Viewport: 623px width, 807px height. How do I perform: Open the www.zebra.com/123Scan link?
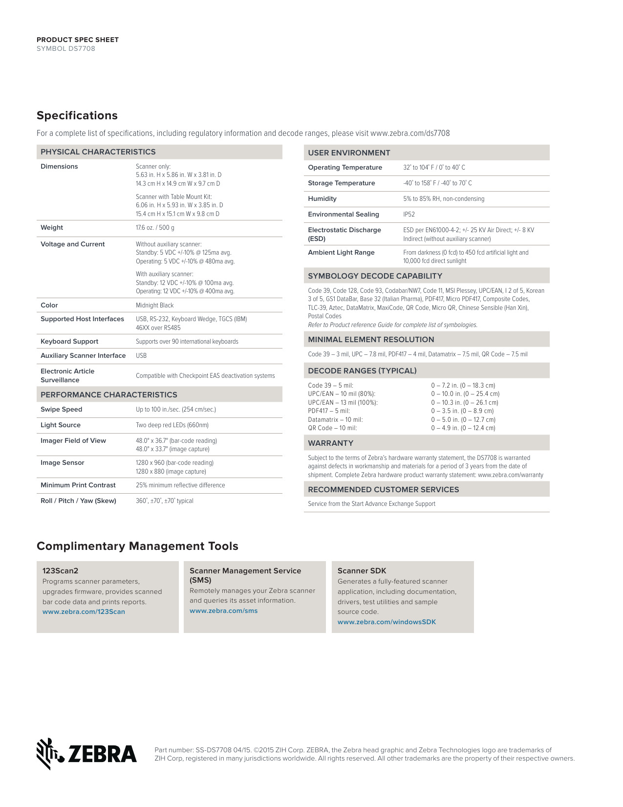coord(84,611)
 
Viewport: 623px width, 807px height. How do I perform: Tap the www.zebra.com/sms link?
coord(223,611)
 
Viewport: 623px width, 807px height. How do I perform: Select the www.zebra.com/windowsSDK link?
coord(387,622)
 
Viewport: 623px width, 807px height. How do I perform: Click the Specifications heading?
coord(77,115)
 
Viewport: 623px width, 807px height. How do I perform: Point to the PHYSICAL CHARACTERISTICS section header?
coord(98,152)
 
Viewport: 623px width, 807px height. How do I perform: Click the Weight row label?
coord(52,228)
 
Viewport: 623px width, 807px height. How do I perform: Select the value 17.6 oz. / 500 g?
coord(155,228)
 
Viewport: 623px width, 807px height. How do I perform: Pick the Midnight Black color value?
coord(154,305)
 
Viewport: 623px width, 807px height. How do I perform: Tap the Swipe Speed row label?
coord(61,410)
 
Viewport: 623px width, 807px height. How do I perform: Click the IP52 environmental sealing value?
coord(409,215)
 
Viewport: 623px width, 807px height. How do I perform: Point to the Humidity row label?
coord(322,199)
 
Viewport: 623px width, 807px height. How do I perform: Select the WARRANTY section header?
coord(330,443)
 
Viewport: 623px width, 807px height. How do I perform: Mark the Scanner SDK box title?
coord(362,571)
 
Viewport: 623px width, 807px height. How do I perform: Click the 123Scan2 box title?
coord(60,571)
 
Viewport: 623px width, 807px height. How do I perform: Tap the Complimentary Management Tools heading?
coord(137,546)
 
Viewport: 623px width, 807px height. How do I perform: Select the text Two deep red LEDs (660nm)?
coord(172,425)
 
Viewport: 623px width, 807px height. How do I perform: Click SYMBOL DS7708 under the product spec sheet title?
coord(66,48)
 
